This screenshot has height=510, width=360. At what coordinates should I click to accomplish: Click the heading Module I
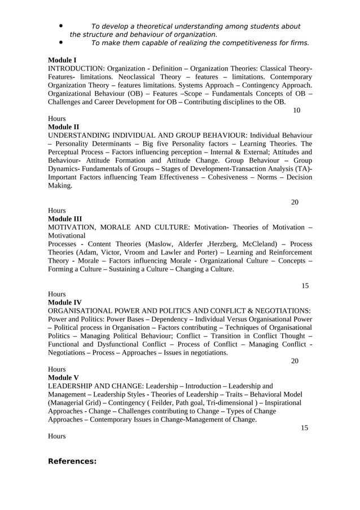[x=63, y=59]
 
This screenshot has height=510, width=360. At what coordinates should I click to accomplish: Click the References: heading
[x=72, y=461]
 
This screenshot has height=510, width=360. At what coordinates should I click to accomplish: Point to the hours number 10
[x=296, y=110]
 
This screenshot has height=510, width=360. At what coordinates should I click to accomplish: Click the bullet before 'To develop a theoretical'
[x=60, y=26]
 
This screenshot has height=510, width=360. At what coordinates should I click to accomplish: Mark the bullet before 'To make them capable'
[x=60, y=42]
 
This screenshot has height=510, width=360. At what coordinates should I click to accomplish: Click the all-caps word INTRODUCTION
[x=76, y=68]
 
